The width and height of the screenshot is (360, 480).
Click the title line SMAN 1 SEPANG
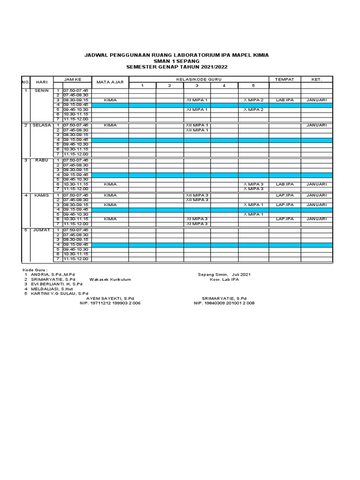point(176,61)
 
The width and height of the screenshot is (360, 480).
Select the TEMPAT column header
point(285,79)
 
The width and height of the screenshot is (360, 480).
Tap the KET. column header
point(316,79)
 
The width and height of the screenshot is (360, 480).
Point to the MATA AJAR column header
point(110,82)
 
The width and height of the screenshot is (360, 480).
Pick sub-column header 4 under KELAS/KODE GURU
point(224,85)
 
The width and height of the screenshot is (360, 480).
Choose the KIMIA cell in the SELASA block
point(110,125)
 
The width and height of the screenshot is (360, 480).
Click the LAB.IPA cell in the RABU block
point(285,184)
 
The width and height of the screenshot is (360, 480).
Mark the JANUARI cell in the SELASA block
point(316,125)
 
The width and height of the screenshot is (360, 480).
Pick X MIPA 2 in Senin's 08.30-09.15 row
point(253,100)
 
